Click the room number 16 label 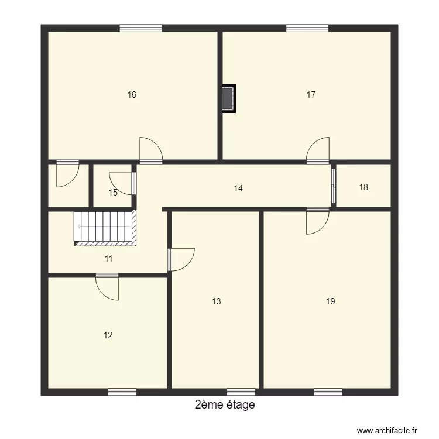[132, 94]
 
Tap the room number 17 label [311, 94]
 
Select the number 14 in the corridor [238, 188]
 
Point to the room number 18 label [363, 187]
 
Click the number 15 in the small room [113, 193]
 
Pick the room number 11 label [108, 258]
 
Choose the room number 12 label [108, 335]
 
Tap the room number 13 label [217, 301]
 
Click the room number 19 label [331, 301]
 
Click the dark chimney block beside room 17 [228, 98]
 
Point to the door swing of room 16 [149, 149]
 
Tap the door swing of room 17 [318, 149]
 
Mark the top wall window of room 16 [141, 28]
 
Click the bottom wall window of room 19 [328, 392]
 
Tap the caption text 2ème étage [225, 405]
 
